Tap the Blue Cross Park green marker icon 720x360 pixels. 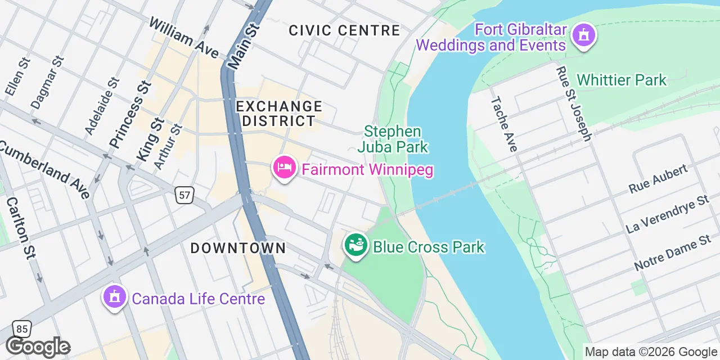click(x=355, y=246)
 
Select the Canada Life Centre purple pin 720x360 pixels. click(x=115, y=296)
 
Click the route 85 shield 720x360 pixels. click(x=22, y=329)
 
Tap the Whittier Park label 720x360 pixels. click(x=622, y=80)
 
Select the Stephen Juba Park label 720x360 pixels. click(x=393, y=139)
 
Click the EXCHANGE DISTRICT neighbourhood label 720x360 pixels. click(x=279, y=114)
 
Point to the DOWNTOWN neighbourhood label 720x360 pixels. click(x=238, y=248)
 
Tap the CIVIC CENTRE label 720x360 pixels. click(x=344, y=30)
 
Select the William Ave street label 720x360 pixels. click(x=184, y=37)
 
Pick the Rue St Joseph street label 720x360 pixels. click(x=574, y=103)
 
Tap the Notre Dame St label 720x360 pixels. click(x=673, y=253)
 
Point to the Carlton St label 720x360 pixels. click(x=20, y=227)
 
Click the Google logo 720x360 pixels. click(x=38, y=346)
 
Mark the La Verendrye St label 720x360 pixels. click(x=668, y=215)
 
